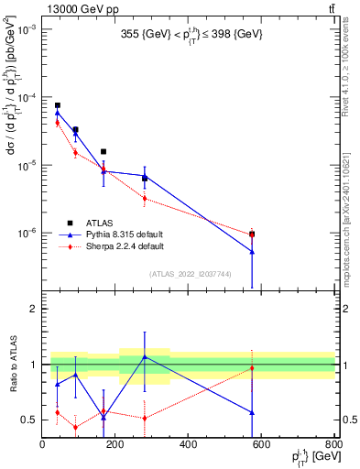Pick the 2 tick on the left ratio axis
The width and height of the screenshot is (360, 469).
tap(34, 309)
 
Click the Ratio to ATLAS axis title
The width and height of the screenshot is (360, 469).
tap(12, 365)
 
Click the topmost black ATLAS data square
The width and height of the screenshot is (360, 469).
tap(57, 105)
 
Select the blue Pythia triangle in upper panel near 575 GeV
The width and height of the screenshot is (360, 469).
tap(252, 251)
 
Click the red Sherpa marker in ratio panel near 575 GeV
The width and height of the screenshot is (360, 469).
tap(252, 368)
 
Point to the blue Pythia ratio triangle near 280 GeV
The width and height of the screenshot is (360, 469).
tap(145, 356)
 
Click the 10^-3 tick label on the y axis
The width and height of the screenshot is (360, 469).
tap(26, 30)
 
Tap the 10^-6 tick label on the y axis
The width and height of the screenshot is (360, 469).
tap(26, 233)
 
